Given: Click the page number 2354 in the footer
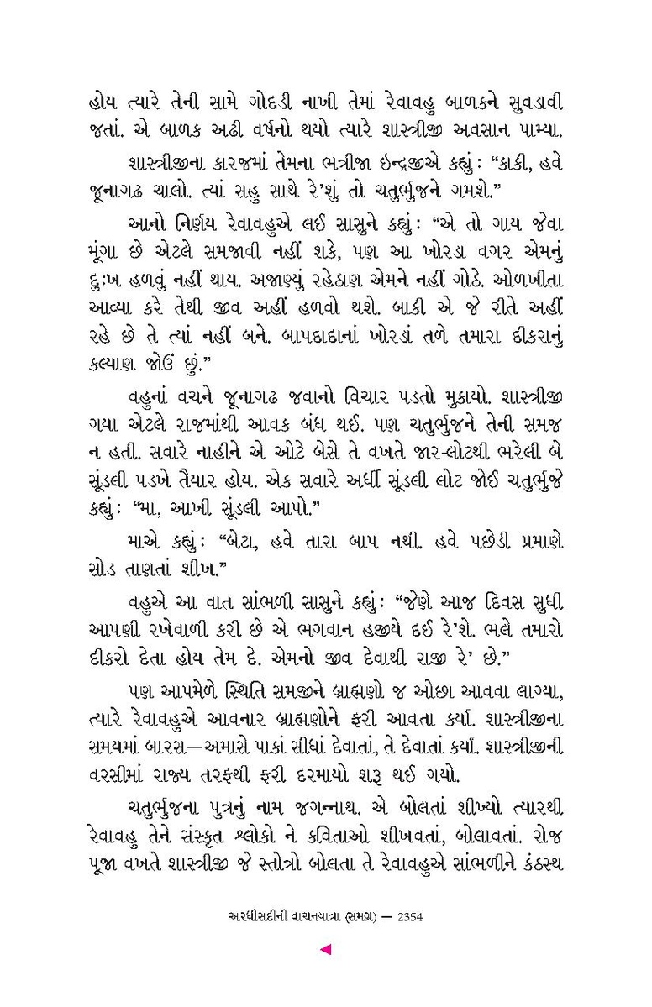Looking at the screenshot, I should [x=406, y=918].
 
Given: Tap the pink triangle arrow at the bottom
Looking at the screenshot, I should [x=326, y=950].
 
